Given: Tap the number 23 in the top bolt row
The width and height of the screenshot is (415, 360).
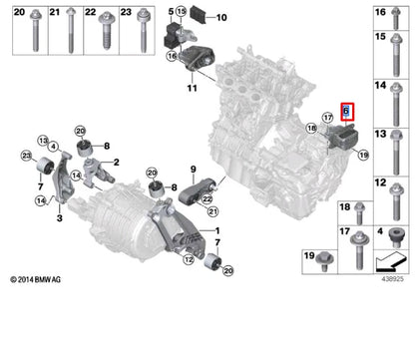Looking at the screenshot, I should [x=126, y=13].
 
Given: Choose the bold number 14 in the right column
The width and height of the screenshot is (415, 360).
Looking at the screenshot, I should [x=380, y=86].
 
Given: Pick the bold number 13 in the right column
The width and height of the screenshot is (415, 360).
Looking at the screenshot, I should [x=380, y=135].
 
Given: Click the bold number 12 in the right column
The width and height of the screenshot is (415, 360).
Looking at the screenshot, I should [x=380, y=183].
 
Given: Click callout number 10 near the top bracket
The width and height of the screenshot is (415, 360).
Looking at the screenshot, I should [x=221, y=17].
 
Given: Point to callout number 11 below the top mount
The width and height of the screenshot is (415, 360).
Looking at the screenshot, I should [x=192, y=90].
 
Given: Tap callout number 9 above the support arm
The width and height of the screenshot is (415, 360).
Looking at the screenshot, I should [x=193, y=171].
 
